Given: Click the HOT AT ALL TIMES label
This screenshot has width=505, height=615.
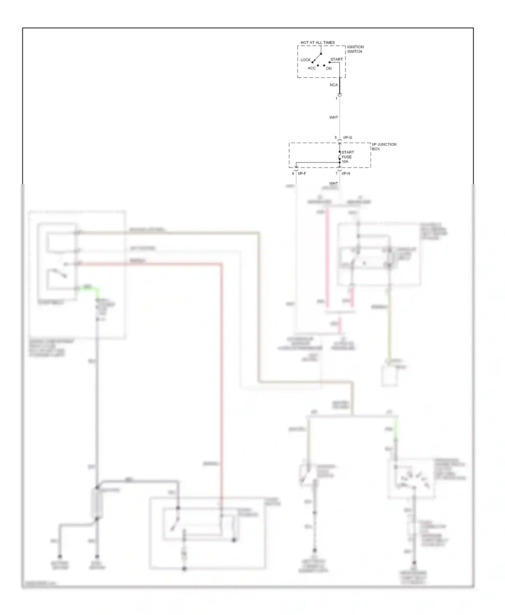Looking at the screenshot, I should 317,43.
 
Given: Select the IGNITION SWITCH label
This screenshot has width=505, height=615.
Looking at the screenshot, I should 355,49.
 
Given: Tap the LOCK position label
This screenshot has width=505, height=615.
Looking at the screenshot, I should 305,60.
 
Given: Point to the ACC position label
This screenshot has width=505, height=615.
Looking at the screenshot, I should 311,68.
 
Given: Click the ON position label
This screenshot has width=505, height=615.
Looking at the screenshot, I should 329,69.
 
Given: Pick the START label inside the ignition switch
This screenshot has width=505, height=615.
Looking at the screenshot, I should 336,60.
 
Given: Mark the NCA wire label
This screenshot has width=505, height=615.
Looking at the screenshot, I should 334,85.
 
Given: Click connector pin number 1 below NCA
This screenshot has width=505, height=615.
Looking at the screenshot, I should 336,99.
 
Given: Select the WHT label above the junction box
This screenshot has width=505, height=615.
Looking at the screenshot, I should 333,117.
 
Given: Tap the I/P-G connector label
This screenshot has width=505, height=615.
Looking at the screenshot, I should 347,138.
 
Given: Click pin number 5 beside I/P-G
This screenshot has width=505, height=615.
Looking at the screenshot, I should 335,138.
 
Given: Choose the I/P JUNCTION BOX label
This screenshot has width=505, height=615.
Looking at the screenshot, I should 384,147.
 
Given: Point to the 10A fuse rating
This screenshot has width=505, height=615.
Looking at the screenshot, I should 345,162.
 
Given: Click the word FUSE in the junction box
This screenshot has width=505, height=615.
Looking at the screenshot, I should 346,157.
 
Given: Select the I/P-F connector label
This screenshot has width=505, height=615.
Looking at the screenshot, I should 302,174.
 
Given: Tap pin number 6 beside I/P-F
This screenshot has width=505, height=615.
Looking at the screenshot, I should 293,174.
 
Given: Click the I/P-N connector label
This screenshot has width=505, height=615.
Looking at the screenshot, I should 346,174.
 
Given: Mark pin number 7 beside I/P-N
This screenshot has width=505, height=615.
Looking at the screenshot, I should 336,174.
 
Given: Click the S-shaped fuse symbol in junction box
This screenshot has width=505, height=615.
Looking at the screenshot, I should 339,157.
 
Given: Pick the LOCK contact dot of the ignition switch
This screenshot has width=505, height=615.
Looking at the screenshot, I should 312,62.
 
